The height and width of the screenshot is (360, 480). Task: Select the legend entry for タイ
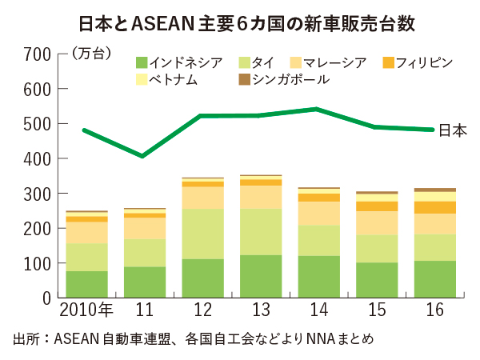point(264,62)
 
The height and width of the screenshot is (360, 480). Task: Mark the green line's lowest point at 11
point(144,156)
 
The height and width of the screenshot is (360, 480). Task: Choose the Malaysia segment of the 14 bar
point(318,213)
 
